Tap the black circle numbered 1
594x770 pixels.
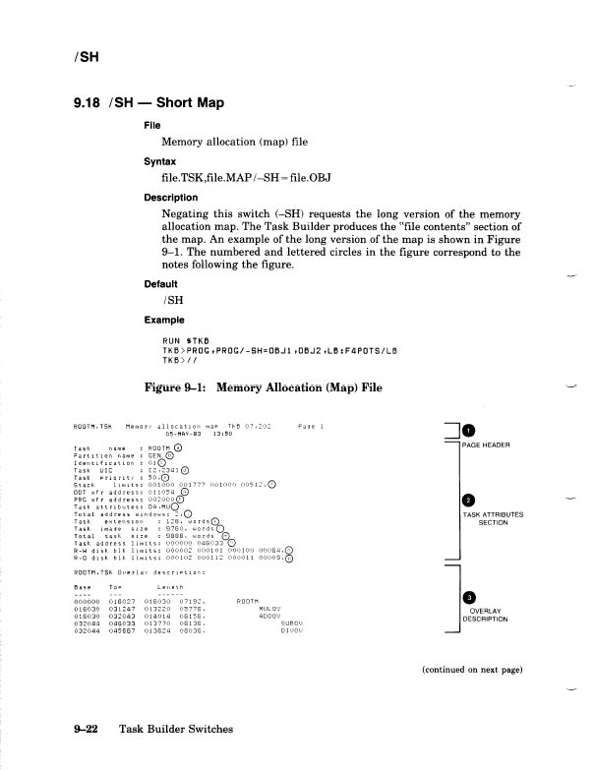pos(469,430)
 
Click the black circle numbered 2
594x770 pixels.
pos(469,502)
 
